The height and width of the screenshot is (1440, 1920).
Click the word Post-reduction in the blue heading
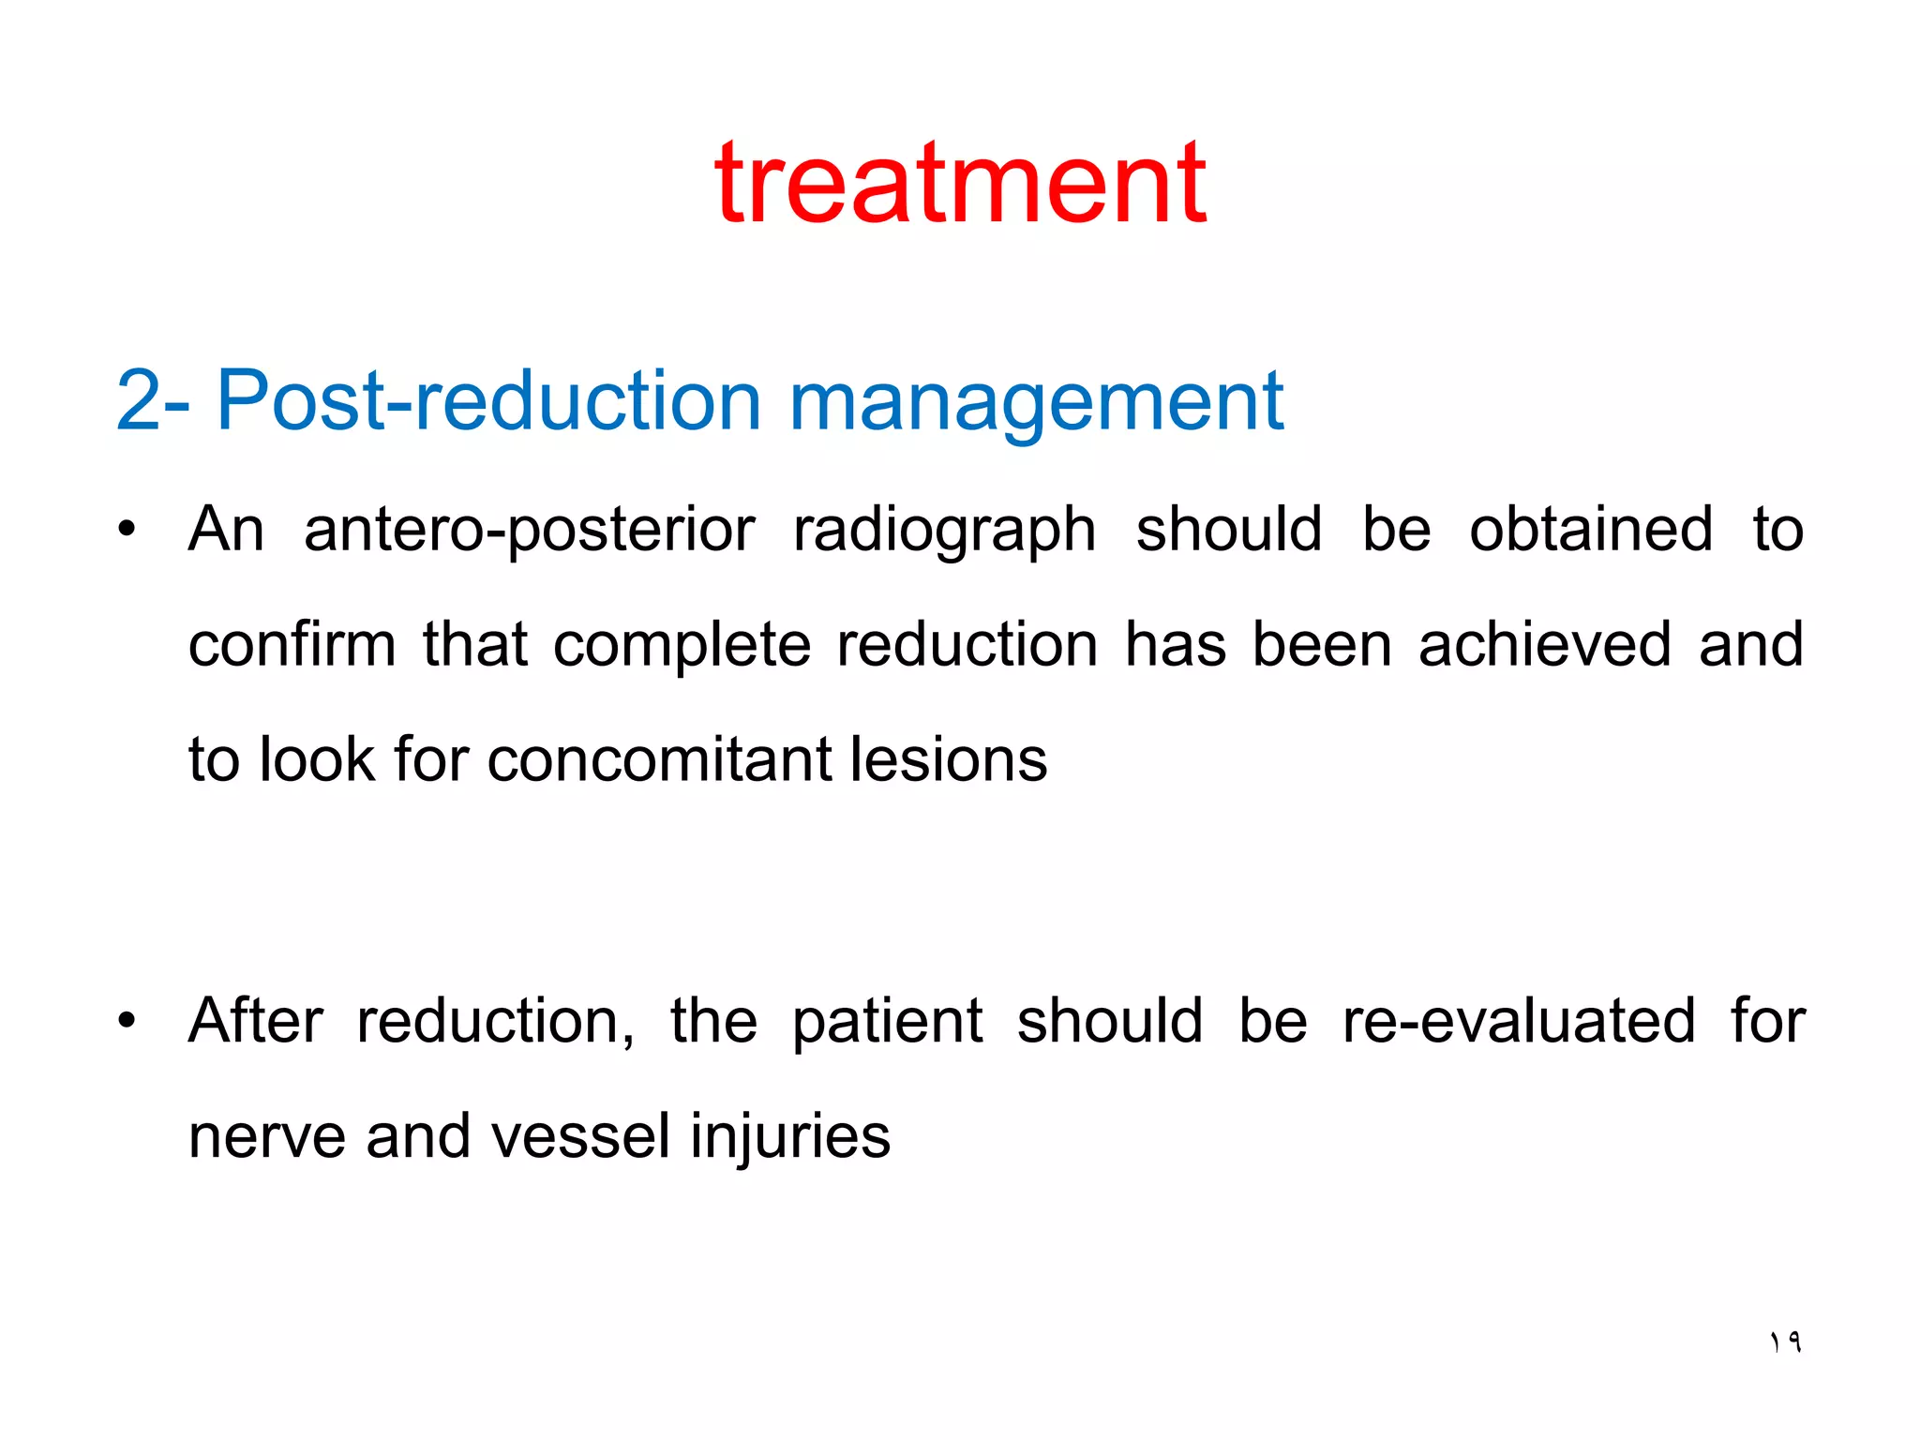point(487,401)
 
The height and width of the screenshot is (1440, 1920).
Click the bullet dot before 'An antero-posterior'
point(127,530)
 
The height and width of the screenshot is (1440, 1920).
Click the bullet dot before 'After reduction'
point(127,1021)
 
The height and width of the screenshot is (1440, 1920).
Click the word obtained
point(1590,530)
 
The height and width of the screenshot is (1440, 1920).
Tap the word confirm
point(292,645)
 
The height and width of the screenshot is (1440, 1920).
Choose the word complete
point(682,647)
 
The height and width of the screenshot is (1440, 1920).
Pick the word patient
point(887,1022)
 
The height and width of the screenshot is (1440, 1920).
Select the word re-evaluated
point(1518,1021)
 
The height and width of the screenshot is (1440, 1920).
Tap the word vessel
point(580,1136)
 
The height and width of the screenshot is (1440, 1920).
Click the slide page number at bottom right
point(1785,1342)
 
